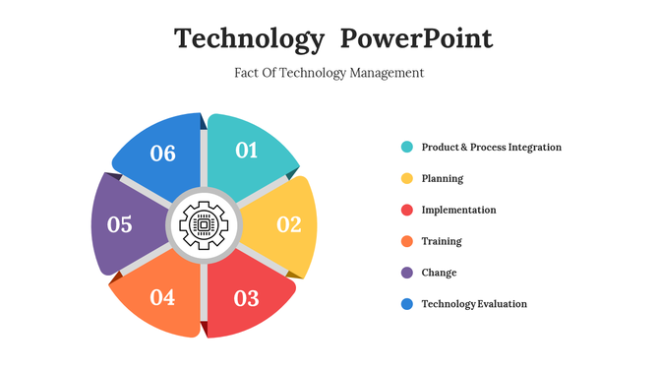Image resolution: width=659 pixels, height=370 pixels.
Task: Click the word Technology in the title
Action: click(249, 39)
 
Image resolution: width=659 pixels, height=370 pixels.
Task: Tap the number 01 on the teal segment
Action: click(246, 150)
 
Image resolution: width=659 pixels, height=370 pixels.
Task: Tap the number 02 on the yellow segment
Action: click(288, 224)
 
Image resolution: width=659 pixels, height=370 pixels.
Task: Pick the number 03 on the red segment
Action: click(246, 298)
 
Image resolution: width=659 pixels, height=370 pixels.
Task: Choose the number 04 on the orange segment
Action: click(162, 297)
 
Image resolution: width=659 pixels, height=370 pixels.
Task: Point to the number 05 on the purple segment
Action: click(120, 225)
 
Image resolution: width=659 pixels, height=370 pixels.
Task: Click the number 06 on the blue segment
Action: click(162, 153)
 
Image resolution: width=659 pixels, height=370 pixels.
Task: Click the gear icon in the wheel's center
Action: click(204, 225)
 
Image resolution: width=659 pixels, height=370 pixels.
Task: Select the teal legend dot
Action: click(406, 148)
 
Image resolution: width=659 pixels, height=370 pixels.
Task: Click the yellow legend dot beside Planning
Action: click(406, 179)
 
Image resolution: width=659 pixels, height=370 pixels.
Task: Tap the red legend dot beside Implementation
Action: click(406, 211)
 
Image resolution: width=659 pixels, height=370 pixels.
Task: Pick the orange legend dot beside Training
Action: click(406, 241)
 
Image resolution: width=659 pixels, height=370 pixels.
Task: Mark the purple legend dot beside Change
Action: click(406, 273)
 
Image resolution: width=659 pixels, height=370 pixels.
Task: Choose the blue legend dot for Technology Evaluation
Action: click(406, 304)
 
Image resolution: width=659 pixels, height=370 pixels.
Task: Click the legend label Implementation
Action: click(458, 211)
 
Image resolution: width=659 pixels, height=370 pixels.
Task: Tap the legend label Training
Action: click(442, 241)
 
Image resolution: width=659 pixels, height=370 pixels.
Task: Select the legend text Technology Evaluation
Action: click(474, 304)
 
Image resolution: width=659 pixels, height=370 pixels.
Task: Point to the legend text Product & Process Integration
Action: click(492, 148)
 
